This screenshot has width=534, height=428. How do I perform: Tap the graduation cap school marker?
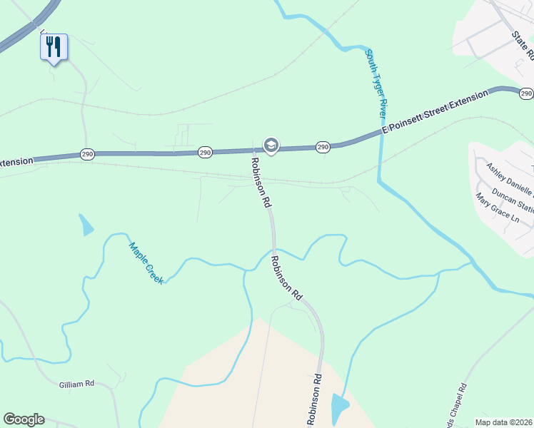click(271, 146)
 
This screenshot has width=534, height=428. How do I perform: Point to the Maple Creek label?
click(146, 263)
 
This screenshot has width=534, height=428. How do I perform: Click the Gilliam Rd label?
click(76, 384)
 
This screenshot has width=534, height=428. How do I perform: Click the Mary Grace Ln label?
click(497, 208)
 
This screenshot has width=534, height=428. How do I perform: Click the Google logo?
click(24, 419)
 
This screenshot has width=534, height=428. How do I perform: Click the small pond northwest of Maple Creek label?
click(86, 225)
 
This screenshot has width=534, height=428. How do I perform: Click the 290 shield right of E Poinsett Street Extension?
click(526, 93)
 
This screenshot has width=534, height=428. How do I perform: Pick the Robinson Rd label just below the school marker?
click(261, 183)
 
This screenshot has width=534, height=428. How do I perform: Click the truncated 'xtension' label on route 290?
click(16, 162)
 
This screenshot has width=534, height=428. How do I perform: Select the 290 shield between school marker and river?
click(323, 147)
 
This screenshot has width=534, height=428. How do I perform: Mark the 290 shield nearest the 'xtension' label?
click(86, 155)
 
